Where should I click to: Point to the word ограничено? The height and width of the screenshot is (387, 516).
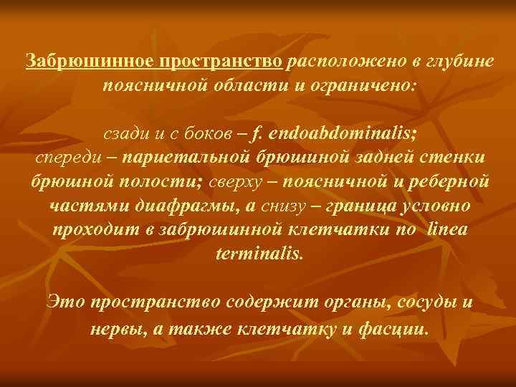[x=363, y=87]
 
